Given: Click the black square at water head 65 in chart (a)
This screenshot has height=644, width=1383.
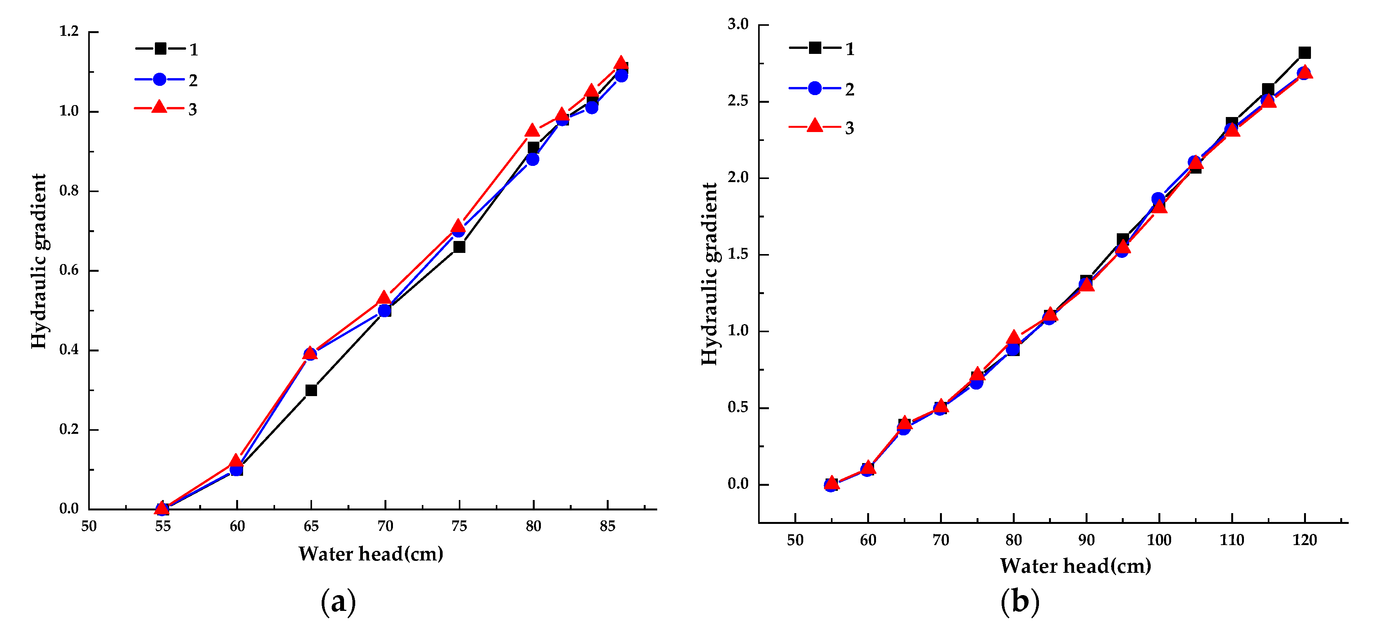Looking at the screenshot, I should click(311, 390).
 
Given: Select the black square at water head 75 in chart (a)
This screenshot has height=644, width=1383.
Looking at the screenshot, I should click(459, 247).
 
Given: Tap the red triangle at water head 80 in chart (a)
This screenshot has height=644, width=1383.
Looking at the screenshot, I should click(532, 130).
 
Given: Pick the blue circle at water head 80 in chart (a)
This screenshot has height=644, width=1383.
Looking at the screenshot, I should click(532, 159).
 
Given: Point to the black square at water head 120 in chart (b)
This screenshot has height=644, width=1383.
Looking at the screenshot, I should click(1305, 53).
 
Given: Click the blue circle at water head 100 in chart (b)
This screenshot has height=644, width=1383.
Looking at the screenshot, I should click(1158, 199).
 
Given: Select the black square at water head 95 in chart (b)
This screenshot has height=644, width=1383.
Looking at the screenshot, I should click(1123, 239).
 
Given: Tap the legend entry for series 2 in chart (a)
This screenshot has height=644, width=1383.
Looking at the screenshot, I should click(166, 80).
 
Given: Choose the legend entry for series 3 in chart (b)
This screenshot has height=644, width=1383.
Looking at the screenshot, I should click(821, 127).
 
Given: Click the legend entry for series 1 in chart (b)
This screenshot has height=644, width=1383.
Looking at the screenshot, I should click(821, 48).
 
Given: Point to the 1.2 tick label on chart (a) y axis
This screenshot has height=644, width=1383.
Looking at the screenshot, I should click(69, 32).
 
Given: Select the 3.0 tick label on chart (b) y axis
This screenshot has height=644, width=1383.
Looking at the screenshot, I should click(738, 24).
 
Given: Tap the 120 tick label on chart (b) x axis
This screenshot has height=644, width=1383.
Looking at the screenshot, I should click(1305, 540).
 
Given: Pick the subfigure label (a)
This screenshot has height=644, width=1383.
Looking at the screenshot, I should click(338, 602).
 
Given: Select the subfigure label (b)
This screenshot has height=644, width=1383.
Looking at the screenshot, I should click(1020, 602).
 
